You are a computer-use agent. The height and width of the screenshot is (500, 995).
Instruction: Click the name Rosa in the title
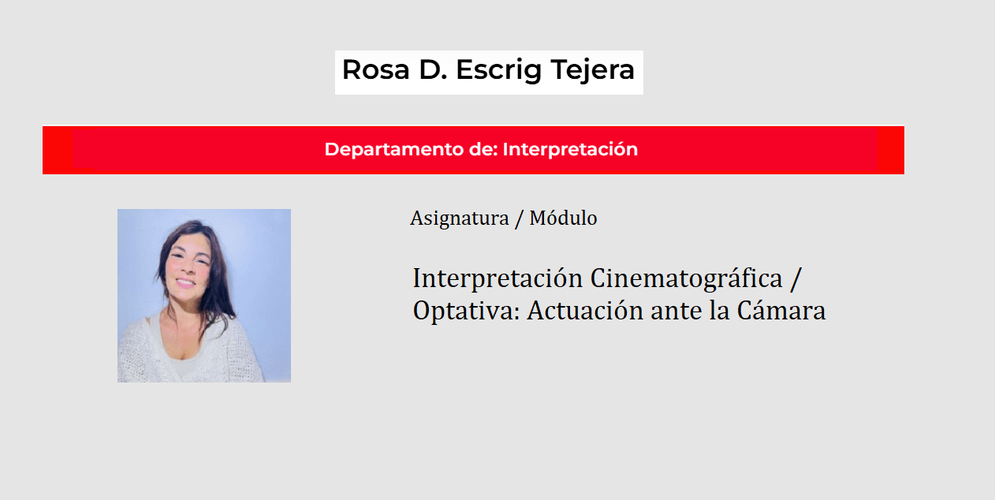pyautogui.click(x=376, y=69)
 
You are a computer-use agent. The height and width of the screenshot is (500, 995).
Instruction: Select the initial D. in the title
pyautogui.click(x=433, y=69)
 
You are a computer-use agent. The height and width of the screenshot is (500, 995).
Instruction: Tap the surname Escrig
pyautogui.click(x=499, y=71)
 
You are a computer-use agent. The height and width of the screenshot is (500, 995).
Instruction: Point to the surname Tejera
pyautogui.click(x=593, y=71)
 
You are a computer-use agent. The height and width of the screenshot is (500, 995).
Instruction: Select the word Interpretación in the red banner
pyautogui.click(x=570, y=150)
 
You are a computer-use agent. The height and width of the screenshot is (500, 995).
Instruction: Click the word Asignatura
pyautogui.click(x=460, y=218)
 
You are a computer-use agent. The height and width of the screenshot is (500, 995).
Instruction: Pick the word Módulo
pyautogui.click(x=563, y=218)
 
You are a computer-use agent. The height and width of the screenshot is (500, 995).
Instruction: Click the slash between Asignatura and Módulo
pyautogui.click(x=520, y=218)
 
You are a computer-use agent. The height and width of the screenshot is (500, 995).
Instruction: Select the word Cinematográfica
pyautogui.click(x=686, y=279)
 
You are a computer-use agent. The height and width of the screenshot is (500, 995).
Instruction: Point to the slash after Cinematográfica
pyautogui.click(x=796, y=279)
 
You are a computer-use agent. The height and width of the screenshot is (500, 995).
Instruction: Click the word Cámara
pyautogui.click(x=781, y=310)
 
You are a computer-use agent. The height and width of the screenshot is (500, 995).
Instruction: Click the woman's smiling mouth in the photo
pyautogui.click(x=185, y=282)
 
